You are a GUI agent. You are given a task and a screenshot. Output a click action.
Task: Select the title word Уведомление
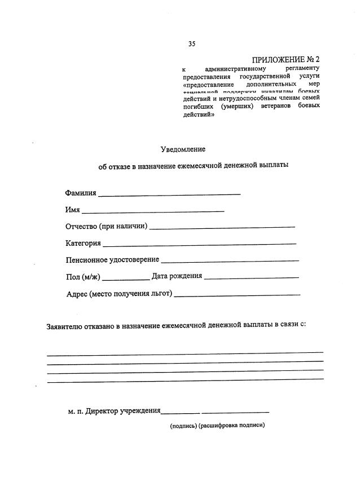pyautogui.click(x=183, y=149)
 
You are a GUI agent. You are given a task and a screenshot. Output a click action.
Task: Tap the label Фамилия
pyautogui.click(x=81, y=193)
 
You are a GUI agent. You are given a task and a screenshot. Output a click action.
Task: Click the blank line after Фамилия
pyautogui.click(x=169, y=194)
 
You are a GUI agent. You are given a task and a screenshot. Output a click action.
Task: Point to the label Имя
pyautogui.click(x=72, y=210)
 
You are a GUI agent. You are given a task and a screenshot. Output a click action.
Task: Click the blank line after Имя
pyautogui.click(x=153, y=211)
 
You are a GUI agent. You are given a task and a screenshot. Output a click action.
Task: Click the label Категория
pyautogui.click(x=83, y=243)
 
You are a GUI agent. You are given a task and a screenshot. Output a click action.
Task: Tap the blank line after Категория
pyautogui.click(x=200, y=245)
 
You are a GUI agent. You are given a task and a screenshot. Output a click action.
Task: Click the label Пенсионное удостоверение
pyautogui.click(x=112, y=260)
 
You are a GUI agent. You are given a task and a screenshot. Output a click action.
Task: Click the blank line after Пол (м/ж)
pyautogui.click(x=126, y=278)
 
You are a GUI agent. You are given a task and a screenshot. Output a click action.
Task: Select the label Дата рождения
pyautogui.click(x=177, y=276)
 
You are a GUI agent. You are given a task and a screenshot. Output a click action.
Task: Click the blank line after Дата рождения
pyautogui.click(x=252, y=278)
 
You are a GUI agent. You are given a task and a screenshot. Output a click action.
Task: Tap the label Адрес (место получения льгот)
pyautogui.click(x=119, y=294)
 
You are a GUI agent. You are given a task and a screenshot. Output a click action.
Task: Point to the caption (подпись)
pyautogui.click(x=183, y=426)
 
